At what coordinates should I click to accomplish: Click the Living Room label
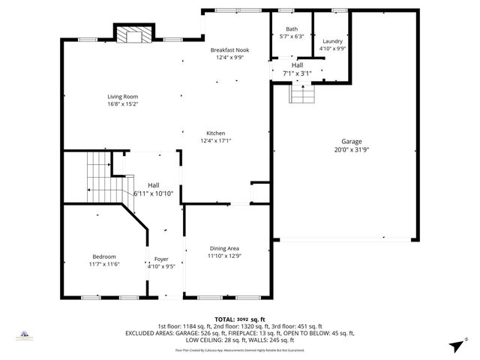click(x=123, y=96)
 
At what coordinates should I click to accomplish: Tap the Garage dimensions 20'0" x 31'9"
click(x=351, y=149)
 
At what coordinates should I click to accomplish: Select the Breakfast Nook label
click(x=232, y=50)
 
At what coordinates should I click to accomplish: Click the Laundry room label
click(x=332, y=41)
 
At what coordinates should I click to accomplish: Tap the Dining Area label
click(x=224, y=248)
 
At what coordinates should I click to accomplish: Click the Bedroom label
click(x=104, y=256)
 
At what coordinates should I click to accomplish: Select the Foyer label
click(x=161, y=259)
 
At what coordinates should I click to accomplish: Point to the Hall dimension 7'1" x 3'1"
click(x=297, y=73)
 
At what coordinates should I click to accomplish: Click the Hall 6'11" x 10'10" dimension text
click(x=153, y=193)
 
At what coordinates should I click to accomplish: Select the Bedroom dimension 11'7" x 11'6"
click(x=104, y=264)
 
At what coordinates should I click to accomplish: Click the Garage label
click(x=351, y=141)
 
